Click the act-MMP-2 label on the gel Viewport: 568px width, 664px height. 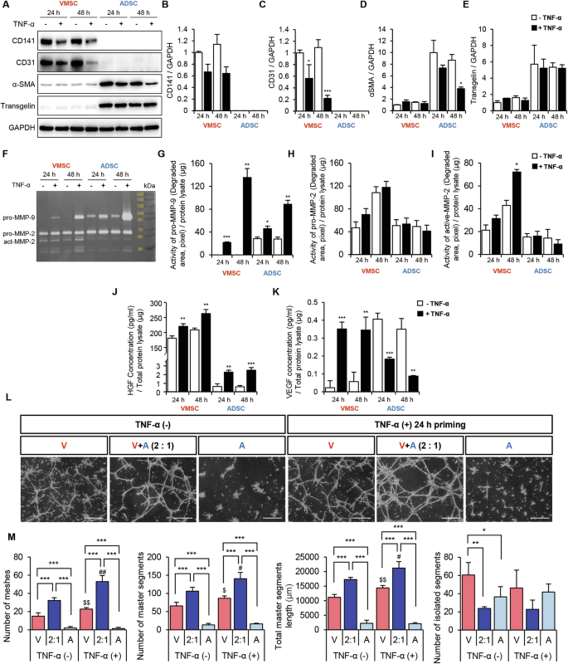(23, 244)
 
